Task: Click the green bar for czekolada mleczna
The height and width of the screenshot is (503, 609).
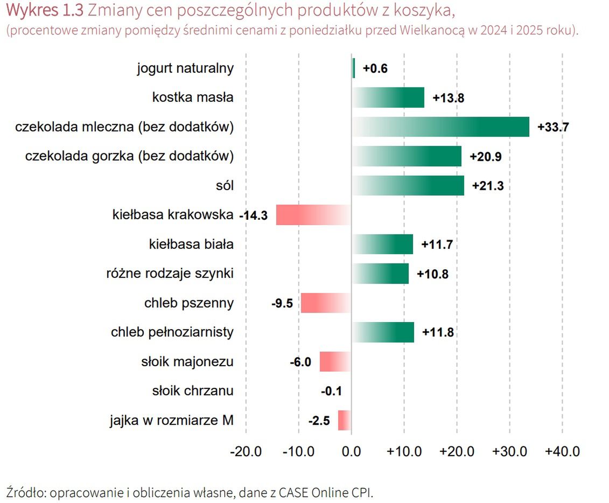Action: click(x=440, y=127)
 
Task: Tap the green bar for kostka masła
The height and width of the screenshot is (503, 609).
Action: click(x=388, y=97)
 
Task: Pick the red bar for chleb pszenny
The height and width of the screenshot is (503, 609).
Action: click(x=326, y=303)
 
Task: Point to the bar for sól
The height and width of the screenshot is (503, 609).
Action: click(x=408, y=185)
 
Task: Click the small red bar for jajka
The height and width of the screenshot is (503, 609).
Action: click(x=344, y=420)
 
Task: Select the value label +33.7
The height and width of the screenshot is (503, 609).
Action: click(x=553, y=128)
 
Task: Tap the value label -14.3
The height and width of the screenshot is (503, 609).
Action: click(x=253, y=215)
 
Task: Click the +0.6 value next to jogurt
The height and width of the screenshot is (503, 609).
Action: click(x=375, y=69)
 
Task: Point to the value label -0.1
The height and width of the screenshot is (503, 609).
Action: click(x=331, y=391)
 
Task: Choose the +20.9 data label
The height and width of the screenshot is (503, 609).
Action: click(x=486, y=157)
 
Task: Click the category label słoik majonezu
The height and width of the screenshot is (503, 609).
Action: click(x=187, y=361)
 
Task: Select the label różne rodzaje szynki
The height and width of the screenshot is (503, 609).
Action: click(x=170, y=274)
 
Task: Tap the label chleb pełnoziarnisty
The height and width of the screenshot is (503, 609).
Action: click(x=172, y=332)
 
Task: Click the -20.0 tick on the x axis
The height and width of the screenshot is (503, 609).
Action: click(x=246, y=451)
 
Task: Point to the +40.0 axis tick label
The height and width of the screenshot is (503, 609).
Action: click(x=562, y=451)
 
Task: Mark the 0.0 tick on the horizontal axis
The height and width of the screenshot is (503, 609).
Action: click(x=352, y=451)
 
